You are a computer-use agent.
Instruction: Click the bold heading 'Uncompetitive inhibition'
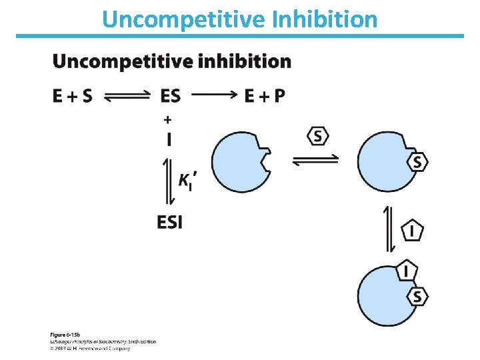click(x=171, y=62)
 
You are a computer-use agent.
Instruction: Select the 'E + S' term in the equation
click(x=72, y=97)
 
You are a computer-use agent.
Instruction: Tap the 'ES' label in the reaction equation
click(x=170, y=97)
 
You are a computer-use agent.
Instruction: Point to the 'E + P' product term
click(x=265, y=97)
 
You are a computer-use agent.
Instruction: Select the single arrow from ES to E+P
click(x=211, y=95)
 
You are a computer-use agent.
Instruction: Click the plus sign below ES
click(x=167, y=119)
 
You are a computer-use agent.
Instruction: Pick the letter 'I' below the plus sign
click(x=168, y=139)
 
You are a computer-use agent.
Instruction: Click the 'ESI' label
click(x=170, y=222)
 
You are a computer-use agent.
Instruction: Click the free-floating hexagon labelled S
click(x=318, y=136)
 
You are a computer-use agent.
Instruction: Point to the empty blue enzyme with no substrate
click(x=240, y=161)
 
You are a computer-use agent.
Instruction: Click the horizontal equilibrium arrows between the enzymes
click(x=315, y=161)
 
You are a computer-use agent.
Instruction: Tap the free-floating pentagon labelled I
click(x=413, y=231)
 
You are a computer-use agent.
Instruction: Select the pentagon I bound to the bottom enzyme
click(x=407, y=271)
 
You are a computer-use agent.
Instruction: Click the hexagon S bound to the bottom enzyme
click(x=417, y=296)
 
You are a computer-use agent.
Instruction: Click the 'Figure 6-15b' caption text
click(x=64, y=333)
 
